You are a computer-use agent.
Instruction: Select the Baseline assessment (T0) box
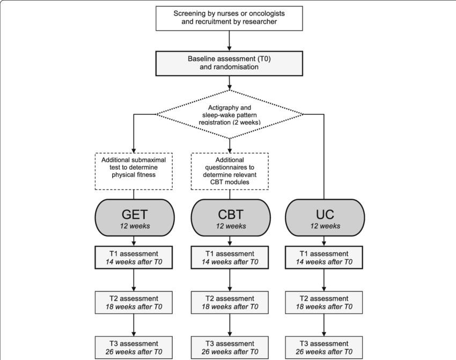click(230, 64)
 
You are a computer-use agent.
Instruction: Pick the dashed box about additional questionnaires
click(229, 171)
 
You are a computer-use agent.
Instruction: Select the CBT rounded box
click(229, 219)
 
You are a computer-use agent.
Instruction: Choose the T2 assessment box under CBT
click(229, 303)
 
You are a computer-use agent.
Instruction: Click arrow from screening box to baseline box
click(230, 40)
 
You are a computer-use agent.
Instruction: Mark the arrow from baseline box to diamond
click(230, 83)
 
